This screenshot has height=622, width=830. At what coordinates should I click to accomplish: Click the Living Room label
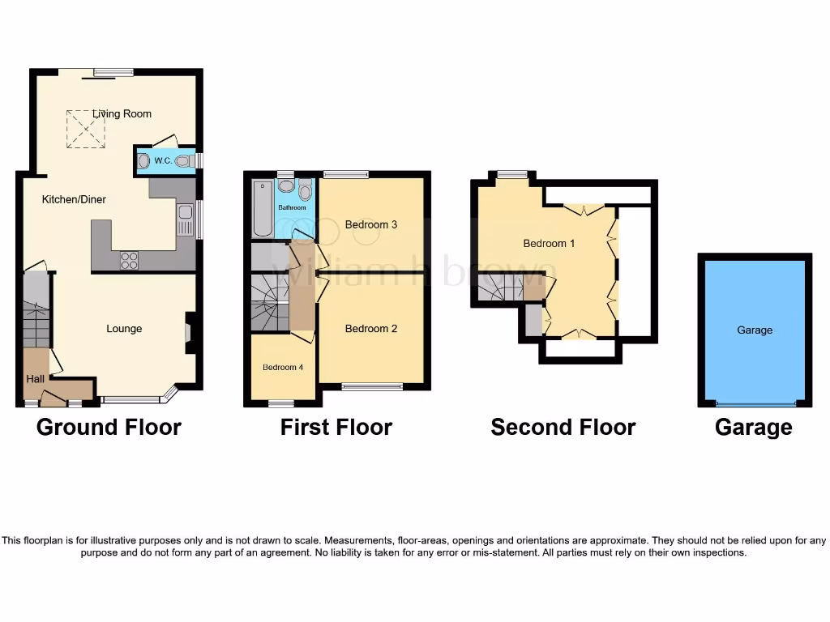coord(122,114)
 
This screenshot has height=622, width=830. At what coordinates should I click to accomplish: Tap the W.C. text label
coord(162,161)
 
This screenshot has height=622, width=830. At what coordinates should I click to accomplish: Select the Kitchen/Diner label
coord(75,199)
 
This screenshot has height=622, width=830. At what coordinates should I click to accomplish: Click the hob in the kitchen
coord(129,261)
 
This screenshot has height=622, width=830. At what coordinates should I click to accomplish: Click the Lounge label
coord(124,329)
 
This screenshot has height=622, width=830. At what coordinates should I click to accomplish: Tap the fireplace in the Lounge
coord(189,333)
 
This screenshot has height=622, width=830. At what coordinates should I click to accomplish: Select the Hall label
coord(36,378)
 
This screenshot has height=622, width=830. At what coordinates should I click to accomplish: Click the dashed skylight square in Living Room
coord(85,130)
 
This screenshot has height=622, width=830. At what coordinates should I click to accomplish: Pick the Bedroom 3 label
coord(371,224)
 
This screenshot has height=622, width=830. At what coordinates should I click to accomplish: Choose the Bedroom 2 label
coord(371,329)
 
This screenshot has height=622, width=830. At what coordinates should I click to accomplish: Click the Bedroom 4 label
coord(283,368)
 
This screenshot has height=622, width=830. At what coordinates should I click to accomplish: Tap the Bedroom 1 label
coord(550,243)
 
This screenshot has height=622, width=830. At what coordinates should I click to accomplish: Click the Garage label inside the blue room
coord(755,330)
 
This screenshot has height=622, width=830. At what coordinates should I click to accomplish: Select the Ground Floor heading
coord(109,427)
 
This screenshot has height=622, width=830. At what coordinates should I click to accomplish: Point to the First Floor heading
coord(336,427)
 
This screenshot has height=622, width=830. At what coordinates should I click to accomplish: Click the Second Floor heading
coord(563,427)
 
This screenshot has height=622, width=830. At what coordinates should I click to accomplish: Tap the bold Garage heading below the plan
coord(754,427)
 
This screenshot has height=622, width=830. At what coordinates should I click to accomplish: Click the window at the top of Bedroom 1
coord(511,173)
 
